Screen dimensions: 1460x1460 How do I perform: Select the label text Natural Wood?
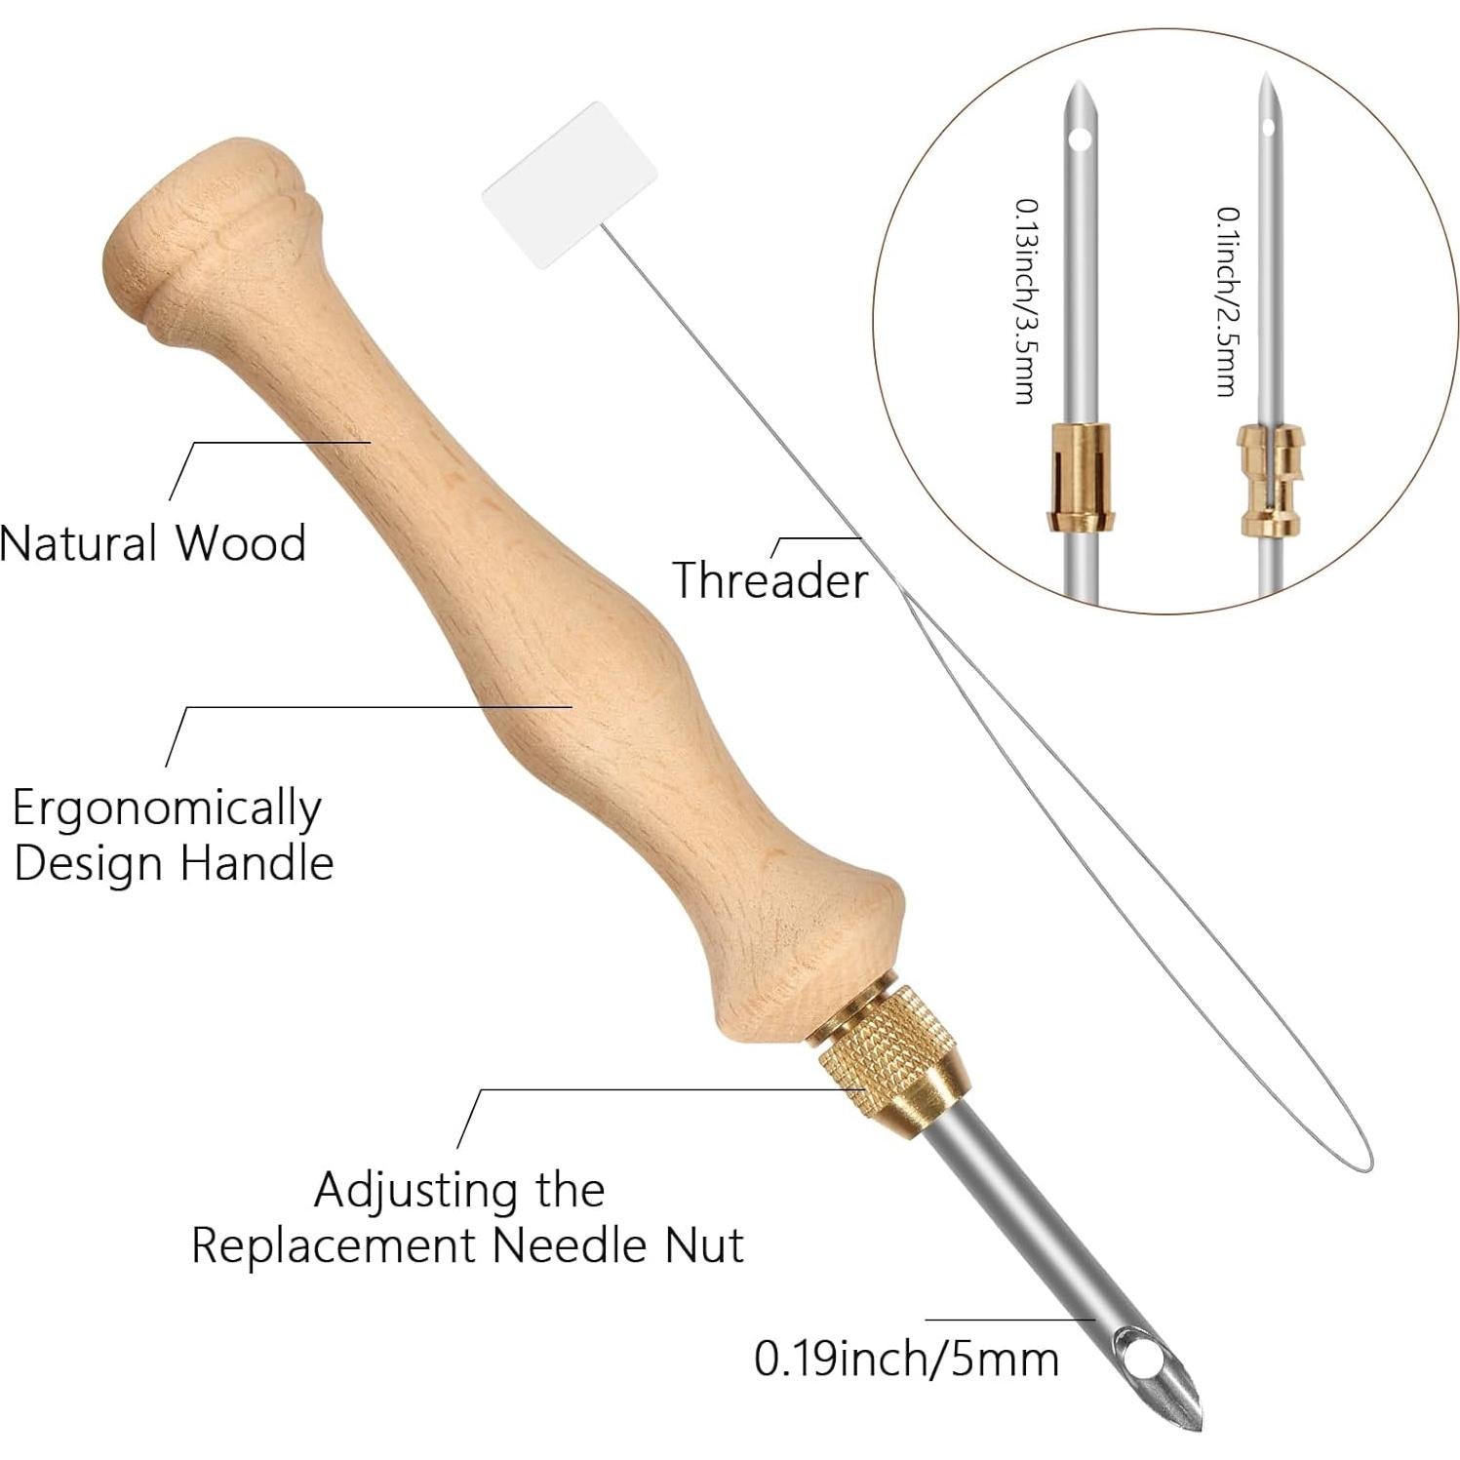click(153, 543)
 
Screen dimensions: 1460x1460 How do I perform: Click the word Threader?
click(769, 580)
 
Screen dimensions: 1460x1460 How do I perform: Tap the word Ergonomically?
click(166, 809)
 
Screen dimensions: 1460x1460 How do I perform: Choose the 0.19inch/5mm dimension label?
click(906, 1359)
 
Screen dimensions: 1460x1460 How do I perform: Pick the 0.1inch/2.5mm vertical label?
click(1227, 301)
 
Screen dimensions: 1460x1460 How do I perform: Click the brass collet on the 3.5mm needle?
click(1079, 476)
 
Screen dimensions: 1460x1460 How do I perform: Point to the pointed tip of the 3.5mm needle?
click(1075, 83)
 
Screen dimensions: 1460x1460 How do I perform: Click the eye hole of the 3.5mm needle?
click(1078, 140)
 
